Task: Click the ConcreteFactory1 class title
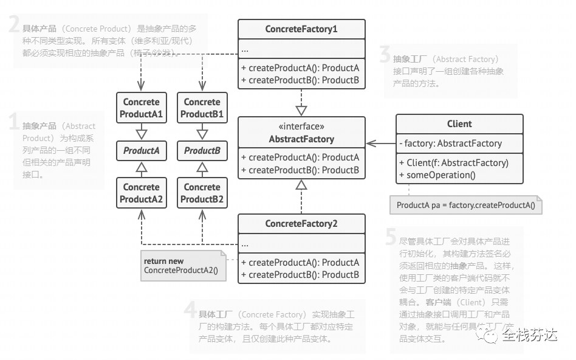click(x=301, y=29)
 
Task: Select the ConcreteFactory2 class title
click(x=301, y=224)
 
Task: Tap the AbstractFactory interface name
click(x=301, y=139)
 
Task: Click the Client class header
click(x=459, y=124)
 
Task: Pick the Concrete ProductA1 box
click(x=141, y=108)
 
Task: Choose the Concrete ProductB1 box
click(x=202, y=108)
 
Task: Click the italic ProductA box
click(x=141, y=151)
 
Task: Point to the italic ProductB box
click(x=202, y=151)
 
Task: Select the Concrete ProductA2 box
click(x=141, y=193)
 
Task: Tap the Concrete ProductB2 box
click(x=202, y=193)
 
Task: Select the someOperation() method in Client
click(x=437, y=175)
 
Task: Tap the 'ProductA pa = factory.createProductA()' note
click(x=466, y=206)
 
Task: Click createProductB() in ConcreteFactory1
click(x=301, y=80)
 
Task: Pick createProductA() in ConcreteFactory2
click(x=301, y=263)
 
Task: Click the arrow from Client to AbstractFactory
click(x=381, y=144)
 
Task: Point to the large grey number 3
click(x=384, y=56)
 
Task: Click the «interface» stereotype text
click(x=301, y=126)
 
